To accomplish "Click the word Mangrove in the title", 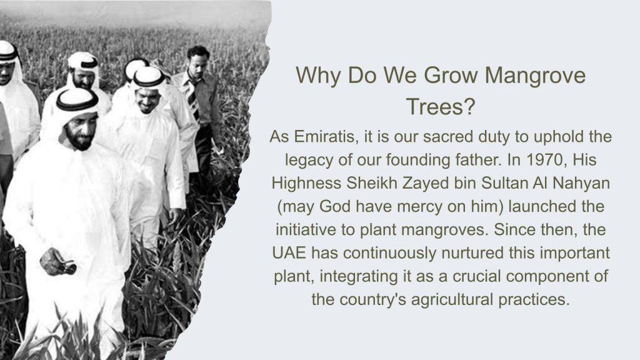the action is click(x=535, y=76).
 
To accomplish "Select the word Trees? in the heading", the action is click(x=441, y=106).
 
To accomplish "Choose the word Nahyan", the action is click(x=581, y=183).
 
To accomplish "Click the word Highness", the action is click(x=306, y=183).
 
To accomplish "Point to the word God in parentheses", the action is click(x=335, y=206).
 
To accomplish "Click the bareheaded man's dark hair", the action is click(x=198, y=52).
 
